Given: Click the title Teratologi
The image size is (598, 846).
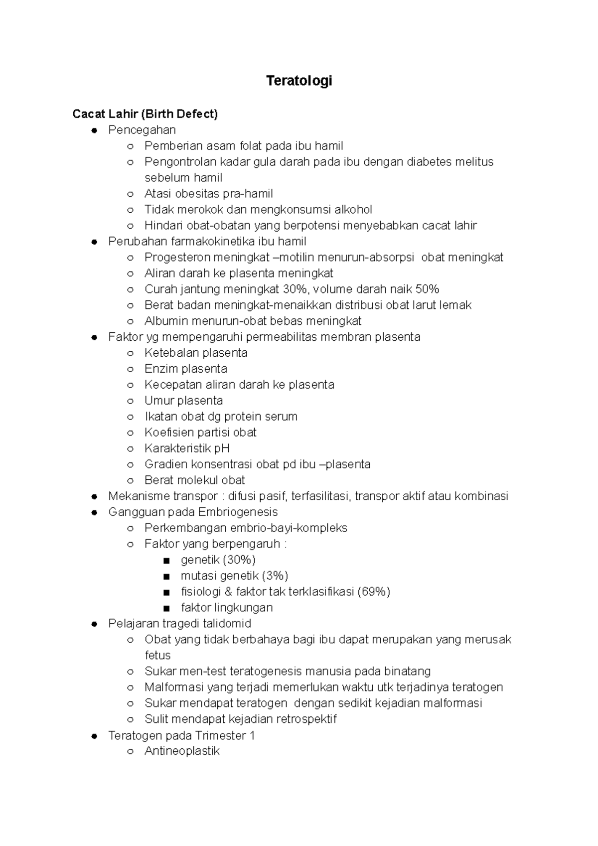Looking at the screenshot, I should (299, 81).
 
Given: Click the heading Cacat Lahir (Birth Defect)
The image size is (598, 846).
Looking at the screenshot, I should (145, 114).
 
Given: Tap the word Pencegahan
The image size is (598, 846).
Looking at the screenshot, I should (142, 130).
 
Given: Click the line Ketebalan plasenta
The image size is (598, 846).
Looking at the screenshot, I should (196, 353).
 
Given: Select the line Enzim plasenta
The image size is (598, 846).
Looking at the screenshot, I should (186, 369).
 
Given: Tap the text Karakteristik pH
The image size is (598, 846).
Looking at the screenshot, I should (187, 448).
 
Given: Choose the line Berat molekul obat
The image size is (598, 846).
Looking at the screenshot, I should (195, 480).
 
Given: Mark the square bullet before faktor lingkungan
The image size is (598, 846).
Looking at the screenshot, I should (166, 608).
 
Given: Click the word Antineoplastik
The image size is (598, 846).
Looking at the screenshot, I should (182, 751).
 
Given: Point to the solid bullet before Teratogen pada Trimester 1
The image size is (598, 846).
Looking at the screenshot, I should (94, 736).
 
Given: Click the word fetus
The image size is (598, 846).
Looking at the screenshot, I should (157, 656).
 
